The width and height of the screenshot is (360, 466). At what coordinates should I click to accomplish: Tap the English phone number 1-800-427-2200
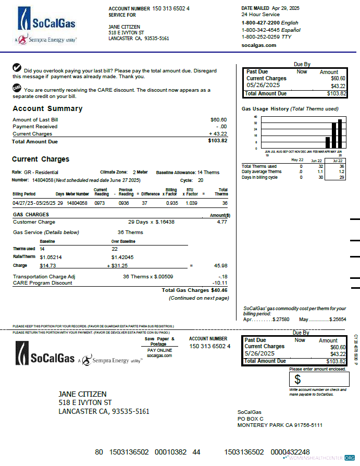click(x=260, y=23)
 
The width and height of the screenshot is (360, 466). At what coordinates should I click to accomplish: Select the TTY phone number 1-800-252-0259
click(x=260, y=37)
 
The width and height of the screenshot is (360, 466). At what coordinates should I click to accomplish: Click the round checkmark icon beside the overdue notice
click(x=17, y=68)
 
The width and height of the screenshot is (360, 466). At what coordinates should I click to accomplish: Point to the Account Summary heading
click(x=47, y=109)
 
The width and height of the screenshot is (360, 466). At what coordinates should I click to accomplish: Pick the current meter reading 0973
click(x=100, y=203)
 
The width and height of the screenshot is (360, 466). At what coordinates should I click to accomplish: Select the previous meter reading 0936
click(x=124, y=203)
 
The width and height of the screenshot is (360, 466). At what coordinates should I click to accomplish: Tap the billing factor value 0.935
click(x=172, y=203)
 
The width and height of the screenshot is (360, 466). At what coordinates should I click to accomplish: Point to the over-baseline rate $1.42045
click(x=122, y=257)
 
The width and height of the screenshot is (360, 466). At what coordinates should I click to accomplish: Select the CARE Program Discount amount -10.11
click(x=221, y=283)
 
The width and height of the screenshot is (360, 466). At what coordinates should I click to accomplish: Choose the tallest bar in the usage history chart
click(x=340, y=134)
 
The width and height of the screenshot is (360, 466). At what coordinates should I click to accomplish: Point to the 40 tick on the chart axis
click(x=255, y=117)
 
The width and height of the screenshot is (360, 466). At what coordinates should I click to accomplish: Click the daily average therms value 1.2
click(x=341, y=171)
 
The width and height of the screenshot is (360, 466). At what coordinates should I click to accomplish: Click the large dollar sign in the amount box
click(x=297, y=379)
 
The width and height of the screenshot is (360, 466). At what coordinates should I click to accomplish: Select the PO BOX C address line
click(x=251, y=419)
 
